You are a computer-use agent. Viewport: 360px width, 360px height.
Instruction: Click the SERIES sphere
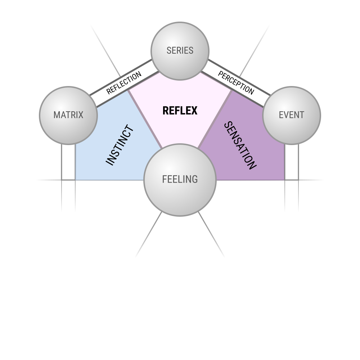coord(180,51)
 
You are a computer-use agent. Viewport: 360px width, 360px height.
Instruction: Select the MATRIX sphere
coord(68,116)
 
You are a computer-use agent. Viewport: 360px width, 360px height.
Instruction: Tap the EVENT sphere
coord(292,116)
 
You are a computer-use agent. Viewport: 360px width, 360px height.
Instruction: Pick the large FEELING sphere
coord(180,180)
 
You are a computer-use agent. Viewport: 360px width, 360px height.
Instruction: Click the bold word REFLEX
coord(180,111)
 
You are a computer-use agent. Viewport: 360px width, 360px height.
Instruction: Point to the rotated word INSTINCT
coord(120,145)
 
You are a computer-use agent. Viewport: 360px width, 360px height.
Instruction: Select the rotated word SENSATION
coord(240,145)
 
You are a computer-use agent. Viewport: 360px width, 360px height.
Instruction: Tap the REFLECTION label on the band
coord(124,83)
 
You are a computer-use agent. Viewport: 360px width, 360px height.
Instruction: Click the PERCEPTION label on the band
coord(236,83)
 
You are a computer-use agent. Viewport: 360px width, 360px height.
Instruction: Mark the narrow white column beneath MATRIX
coord(68,162)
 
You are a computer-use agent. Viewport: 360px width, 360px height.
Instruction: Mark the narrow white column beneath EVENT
coord(292,162)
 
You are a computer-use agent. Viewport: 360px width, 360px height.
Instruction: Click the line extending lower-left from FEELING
coord(149,234)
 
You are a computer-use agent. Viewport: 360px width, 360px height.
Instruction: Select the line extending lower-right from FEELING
coord(211,234)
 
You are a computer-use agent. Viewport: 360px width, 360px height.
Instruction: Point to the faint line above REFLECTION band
coord(105,50)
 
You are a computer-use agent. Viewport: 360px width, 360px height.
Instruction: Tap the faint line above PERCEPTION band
coord(255,51)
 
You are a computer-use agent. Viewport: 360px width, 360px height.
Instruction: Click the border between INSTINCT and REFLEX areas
coord(145,119)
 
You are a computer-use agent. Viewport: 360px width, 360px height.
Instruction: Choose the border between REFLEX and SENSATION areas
coord(215,119)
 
